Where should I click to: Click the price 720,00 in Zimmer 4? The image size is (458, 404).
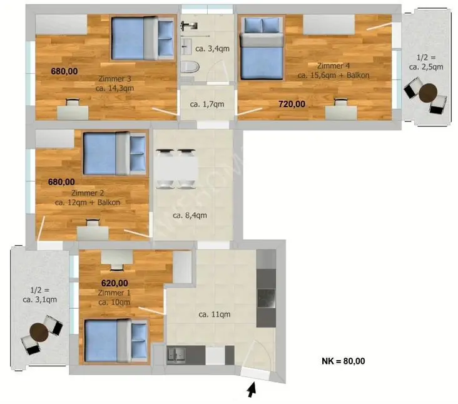[x=292, y=104]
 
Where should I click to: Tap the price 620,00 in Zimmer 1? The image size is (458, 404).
[x=114, y=282]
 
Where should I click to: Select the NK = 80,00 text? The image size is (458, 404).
[x=343, y=361]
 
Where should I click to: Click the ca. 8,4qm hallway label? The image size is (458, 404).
[x=190, y=215]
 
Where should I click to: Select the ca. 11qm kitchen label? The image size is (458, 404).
[x=214, y=314]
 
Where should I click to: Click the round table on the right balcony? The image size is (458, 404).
[x=428, y=93]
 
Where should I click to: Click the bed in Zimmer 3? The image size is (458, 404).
[x=143, y=39]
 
